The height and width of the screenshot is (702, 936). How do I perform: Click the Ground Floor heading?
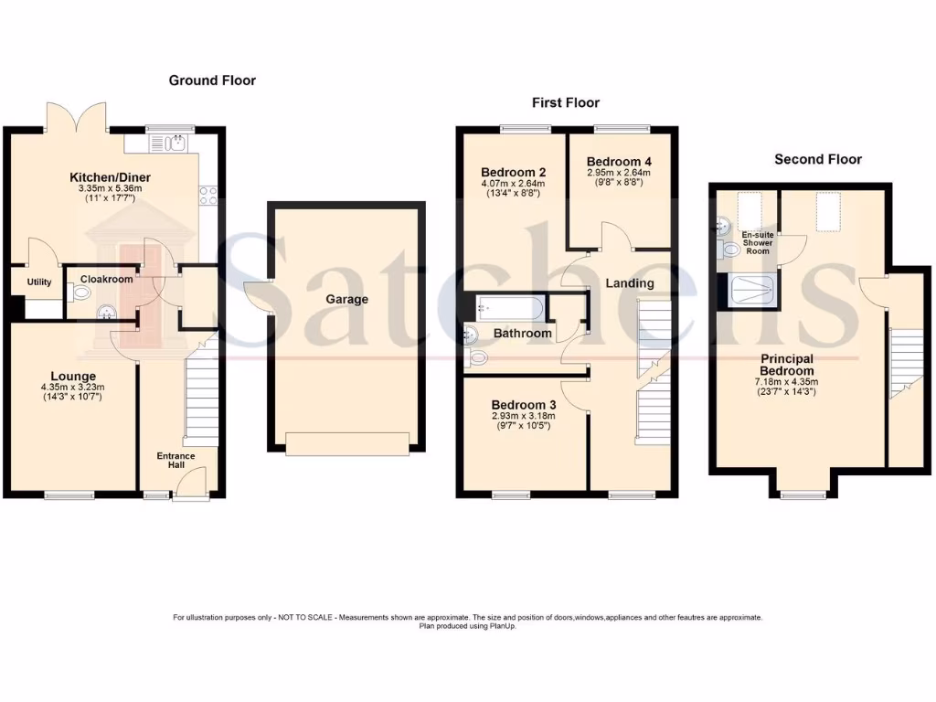click(212, 80)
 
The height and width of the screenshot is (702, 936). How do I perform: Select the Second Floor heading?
click(817, 159)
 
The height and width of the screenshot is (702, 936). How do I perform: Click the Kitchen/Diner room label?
click(111, 177)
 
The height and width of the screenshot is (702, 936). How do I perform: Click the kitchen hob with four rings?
click(207, 193)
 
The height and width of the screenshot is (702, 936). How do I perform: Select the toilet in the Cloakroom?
click(80, 292)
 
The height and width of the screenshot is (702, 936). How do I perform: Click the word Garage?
click(347, 299)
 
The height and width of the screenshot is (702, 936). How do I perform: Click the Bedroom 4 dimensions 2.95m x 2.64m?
click(619, 173)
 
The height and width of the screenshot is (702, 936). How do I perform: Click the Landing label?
click(630, 283)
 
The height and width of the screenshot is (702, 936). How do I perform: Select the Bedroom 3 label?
click(523, 405)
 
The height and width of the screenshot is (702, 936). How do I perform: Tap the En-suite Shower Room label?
click(757, 242)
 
